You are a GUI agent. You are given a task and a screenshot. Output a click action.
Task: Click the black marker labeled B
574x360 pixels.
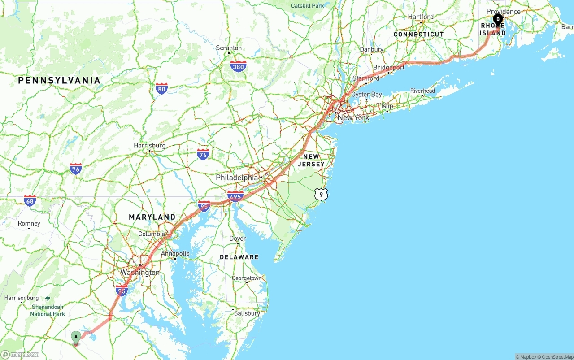[498, 20]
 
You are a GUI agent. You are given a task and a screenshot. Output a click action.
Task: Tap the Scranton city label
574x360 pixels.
[229, 48]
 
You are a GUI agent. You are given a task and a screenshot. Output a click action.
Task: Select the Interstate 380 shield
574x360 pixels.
[238, 67]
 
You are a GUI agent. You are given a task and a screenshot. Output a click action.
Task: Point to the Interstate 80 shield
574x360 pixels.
[162, 88]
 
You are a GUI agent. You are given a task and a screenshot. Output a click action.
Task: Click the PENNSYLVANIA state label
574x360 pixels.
[59, 81]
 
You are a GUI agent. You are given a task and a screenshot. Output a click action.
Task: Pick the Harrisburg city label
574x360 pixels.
[149, 146]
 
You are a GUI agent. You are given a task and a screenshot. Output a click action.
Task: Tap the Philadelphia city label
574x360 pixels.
[237, 178]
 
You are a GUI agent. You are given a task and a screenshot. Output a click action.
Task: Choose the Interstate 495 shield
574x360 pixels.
[235, 196]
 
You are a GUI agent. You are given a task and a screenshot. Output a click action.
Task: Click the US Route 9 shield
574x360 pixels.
[321, 194]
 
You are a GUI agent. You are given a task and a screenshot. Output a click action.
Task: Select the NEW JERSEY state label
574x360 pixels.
[311, 160]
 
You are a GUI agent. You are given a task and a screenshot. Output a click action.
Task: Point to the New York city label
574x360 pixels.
[353, 117]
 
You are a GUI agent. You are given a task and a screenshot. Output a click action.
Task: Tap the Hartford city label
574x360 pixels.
[421, 17]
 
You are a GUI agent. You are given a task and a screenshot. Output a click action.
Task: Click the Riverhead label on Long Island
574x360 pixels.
[422, 91]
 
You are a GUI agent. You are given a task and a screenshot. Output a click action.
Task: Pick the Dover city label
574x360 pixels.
[238, 239]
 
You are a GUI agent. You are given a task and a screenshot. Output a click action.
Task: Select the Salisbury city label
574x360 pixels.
[247, 313]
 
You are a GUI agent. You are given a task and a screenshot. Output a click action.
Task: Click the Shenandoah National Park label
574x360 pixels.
[48, 310]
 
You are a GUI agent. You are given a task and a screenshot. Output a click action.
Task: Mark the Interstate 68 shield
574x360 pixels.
[30, 200]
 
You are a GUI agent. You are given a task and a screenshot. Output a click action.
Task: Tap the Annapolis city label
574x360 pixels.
[175, 253]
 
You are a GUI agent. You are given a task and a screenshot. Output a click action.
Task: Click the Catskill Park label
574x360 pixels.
[307, 6]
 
